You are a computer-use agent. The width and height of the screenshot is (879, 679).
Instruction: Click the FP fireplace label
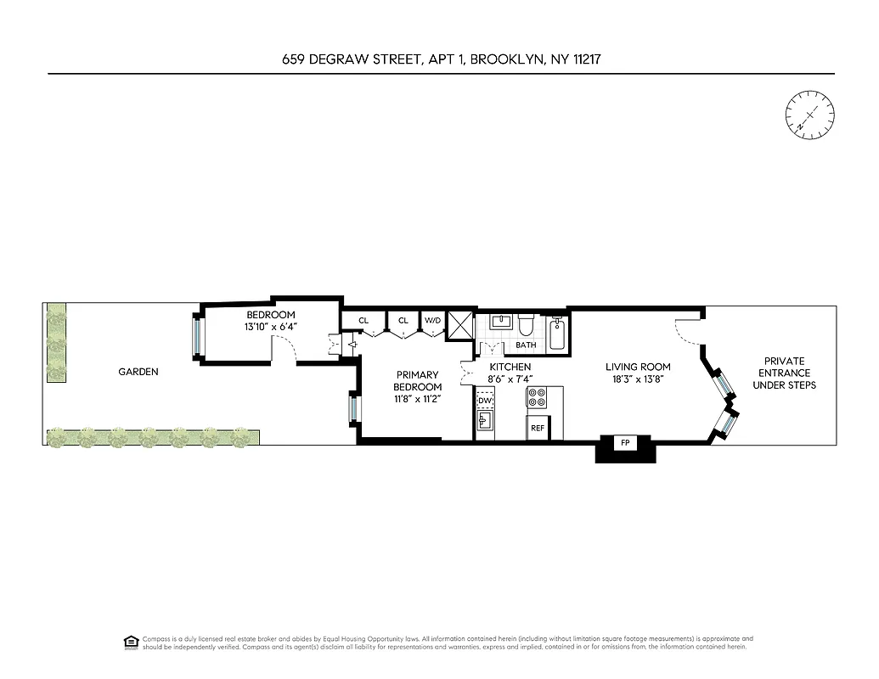pyautogui.click(x=625, y=443)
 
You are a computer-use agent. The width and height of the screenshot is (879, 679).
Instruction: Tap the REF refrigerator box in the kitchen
pyautogui.click(x=538, y=428)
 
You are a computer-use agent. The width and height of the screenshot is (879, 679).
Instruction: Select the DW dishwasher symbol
pyautogui.click(x=485, y=401)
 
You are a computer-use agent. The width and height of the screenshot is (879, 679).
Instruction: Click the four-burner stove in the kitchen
pyautogui.click(x=538, y=396)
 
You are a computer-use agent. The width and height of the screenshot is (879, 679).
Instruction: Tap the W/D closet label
pyautogui.click(x=433, y=320)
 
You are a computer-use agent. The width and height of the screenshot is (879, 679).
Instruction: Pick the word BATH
pyautogui.click(x=526, y=345)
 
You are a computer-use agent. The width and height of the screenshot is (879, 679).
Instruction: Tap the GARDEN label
pyautogui.click(x=138, y=372)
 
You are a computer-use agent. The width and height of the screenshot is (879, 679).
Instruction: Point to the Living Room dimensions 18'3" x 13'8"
pyautogui.click(x=638, y=379)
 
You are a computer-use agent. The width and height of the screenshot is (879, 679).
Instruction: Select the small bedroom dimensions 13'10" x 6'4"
pyautogui.click(x=270, y=327)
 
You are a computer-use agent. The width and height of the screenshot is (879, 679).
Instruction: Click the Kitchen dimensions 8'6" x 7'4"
pyautogui.click(x=510, y=379)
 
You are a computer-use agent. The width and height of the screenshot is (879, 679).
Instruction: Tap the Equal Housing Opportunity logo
pyautogui.click(x=130, y=642)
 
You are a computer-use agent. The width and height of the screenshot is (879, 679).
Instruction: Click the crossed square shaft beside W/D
pyautogui.click(x=460, y=325)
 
